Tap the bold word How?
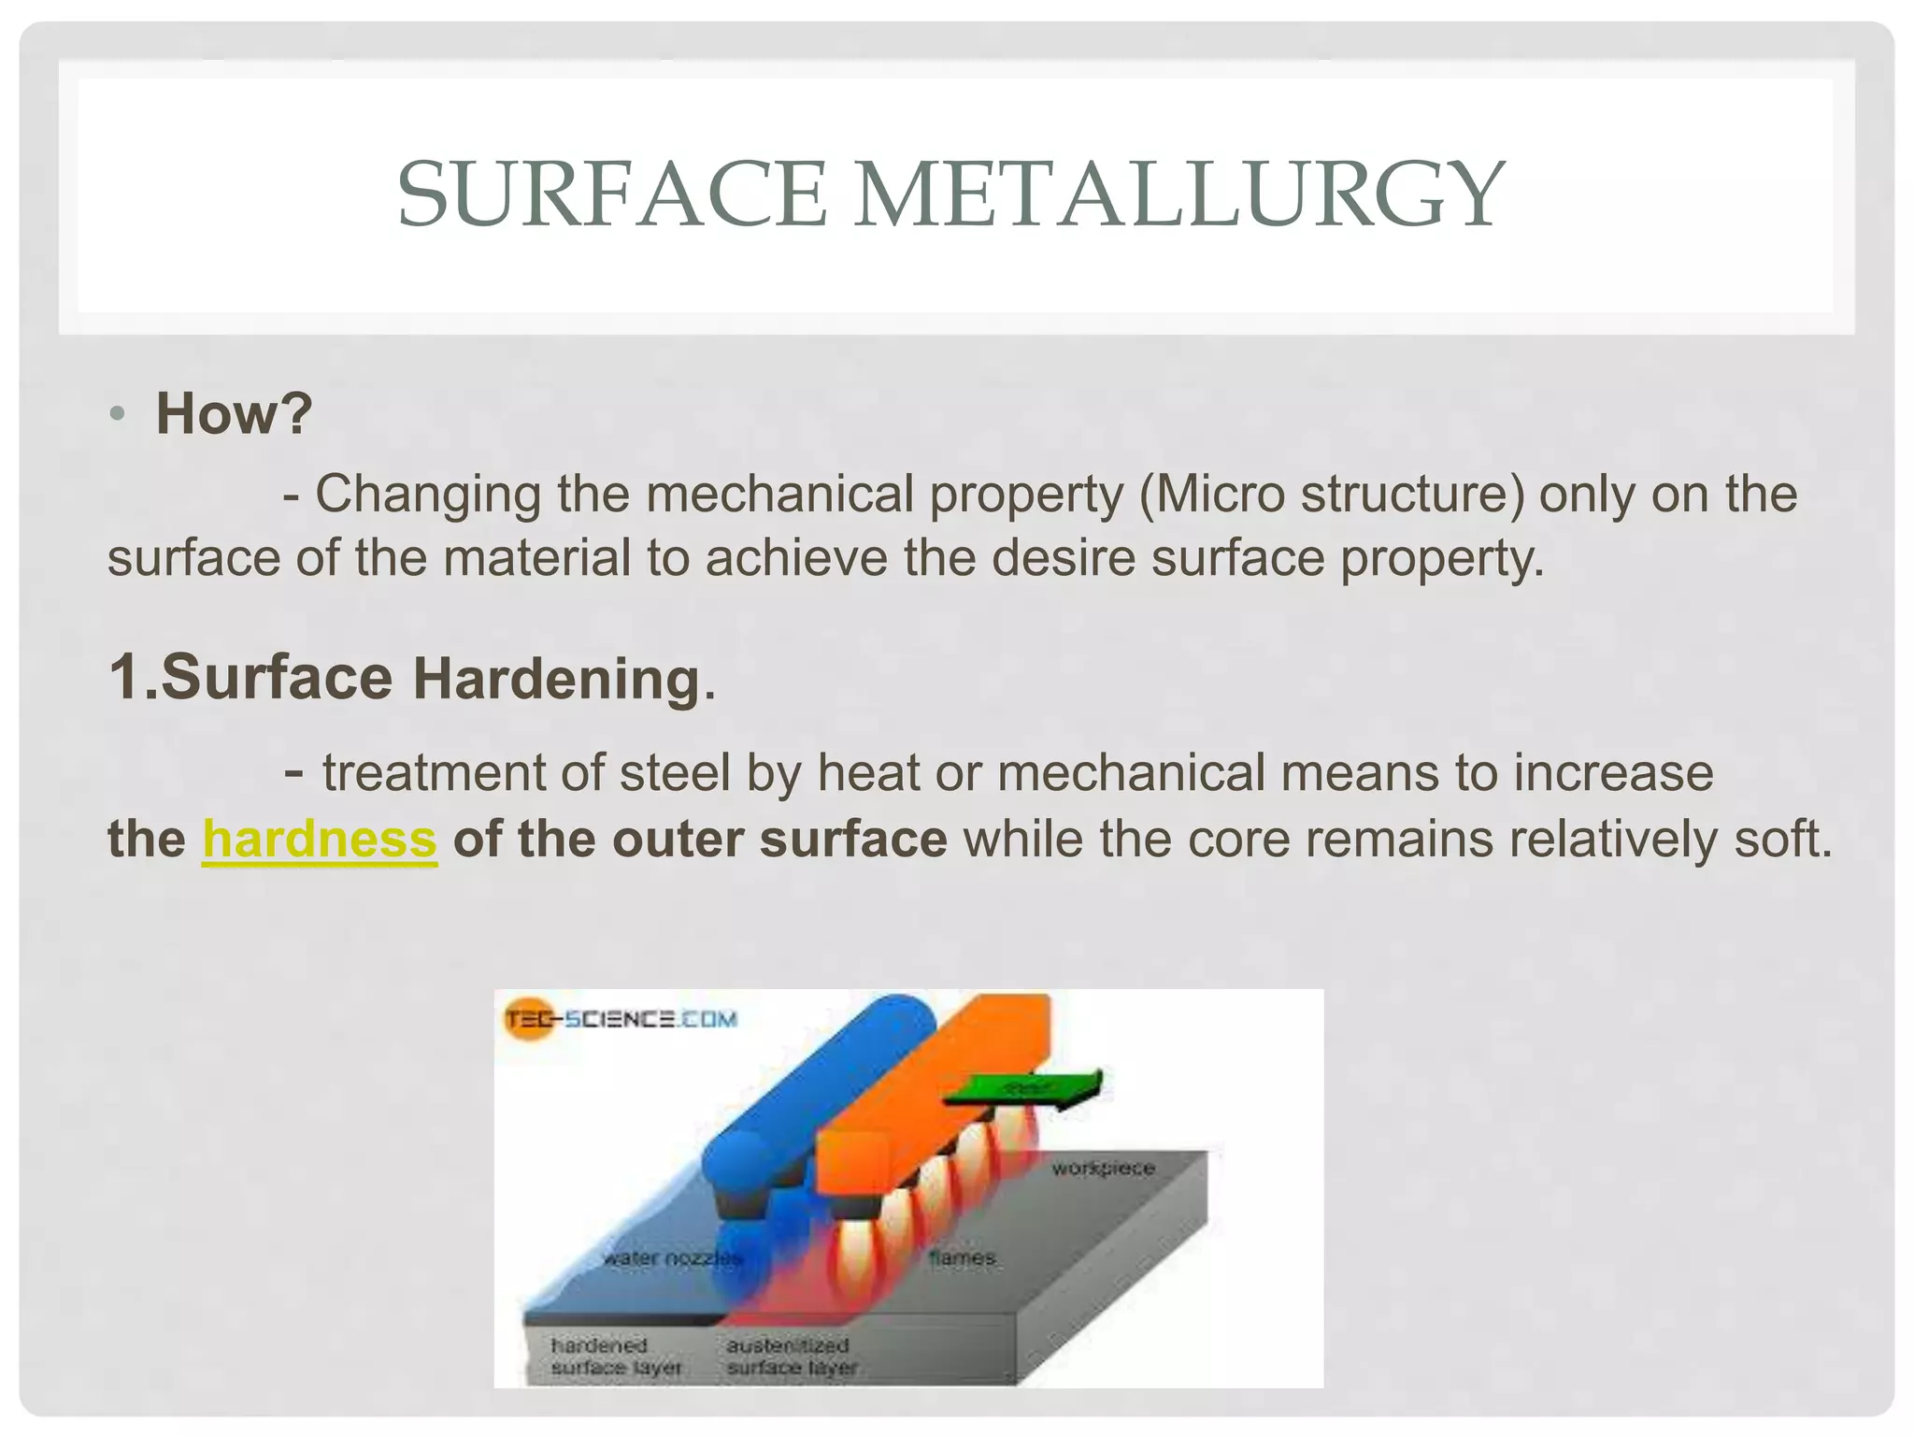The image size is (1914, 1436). coord(234,412)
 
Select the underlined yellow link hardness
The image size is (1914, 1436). coord(320,839)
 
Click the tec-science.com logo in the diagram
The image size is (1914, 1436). coord(621,1019)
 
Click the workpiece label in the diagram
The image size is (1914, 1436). coord(1103,1169)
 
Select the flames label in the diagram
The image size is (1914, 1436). coord(963,1258)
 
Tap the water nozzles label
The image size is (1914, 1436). coord(671,1258)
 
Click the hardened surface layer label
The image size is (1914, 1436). coord(615,1357)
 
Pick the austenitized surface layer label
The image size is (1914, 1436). coord(791,1357)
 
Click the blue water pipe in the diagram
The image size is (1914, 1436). coord(822,1075)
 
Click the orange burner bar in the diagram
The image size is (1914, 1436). coord(944,1075)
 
